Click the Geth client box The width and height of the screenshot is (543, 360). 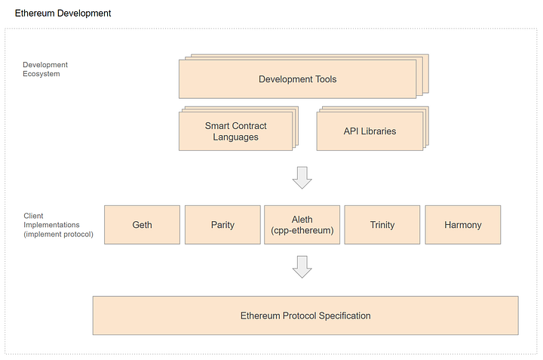tap(142, 225)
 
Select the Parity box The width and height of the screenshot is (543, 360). tap(222, 225)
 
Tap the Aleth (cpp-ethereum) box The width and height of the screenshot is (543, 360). tap(302, 225)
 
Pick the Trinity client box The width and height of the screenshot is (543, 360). tap(382, 225)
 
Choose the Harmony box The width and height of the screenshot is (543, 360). tap(463, 225)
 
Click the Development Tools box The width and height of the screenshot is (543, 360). tap(297, 79)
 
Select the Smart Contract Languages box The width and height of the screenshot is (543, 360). tap(235, 131)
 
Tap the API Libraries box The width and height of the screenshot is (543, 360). tap(369, 131)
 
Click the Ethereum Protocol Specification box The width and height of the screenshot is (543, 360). tap(305, 315)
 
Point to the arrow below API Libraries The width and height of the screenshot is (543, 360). tap(302, 177)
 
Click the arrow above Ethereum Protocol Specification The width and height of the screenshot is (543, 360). tap(302, 266)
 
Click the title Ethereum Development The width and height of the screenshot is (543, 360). tap(63, 14)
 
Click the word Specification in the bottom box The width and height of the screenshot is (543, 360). tap(342, 315)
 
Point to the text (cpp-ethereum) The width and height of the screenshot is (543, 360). tap(302, 231)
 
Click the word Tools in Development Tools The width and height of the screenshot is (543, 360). tap(324, 79)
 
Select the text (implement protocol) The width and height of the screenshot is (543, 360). tap(58, 234)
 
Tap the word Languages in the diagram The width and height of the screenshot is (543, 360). tap(235, 137)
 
